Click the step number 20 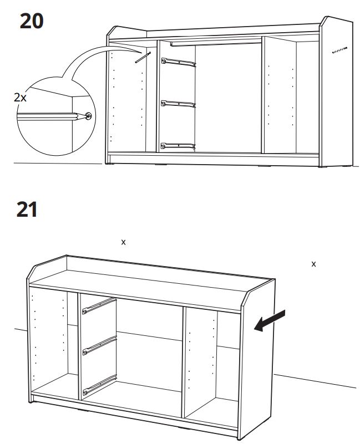pos(32,21)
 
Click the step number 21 pos(27,210)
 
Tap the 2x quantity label pos(20,98)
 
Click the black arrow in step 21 pos(269,320)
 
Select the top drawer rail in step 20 pos(178,62)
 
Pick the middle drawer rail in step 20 pos(178,104)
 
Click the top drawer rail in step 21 pos(99,306)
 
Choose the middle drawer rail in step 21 pos(99,345)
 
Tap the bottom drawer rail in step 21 pos(100,385)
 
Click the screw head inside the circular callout pos(89,115)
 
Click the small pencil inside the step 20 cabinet pos(143,57)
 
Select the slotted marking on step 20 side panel pos(340,50)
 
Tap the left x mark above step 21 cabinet pos(123,242)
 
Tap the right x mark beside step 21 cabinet pos(313,264)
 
